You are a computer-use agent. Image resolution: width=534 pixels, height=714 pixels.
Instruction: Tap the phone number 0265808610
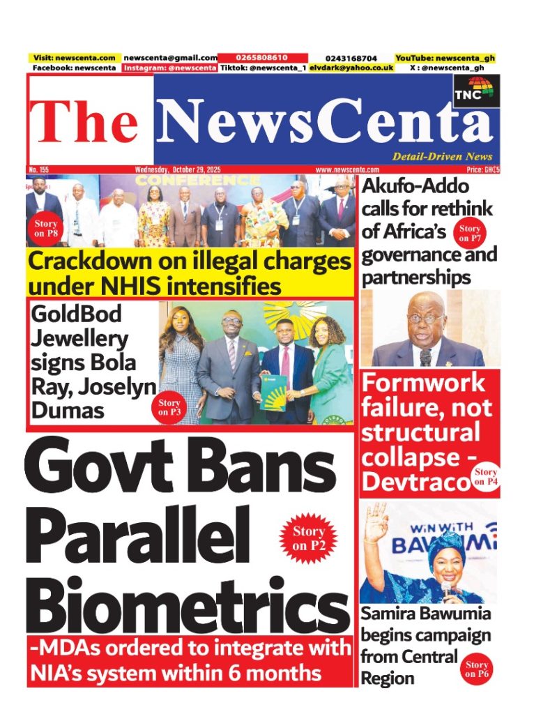(253, 57)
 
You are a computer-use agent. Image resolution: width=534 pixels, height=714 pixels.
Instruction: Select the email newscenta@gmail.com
(170, 57)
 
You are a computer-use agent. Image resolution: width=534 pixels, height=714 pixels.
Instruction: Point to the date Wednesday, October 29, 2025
(183, 169)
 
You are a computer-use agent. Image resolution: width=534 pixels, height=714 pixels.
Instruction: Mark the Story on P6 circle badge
(477, 669)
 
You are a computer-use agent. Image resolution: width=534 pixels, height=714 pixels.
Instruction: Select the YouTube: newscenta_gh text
(445, 57)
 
